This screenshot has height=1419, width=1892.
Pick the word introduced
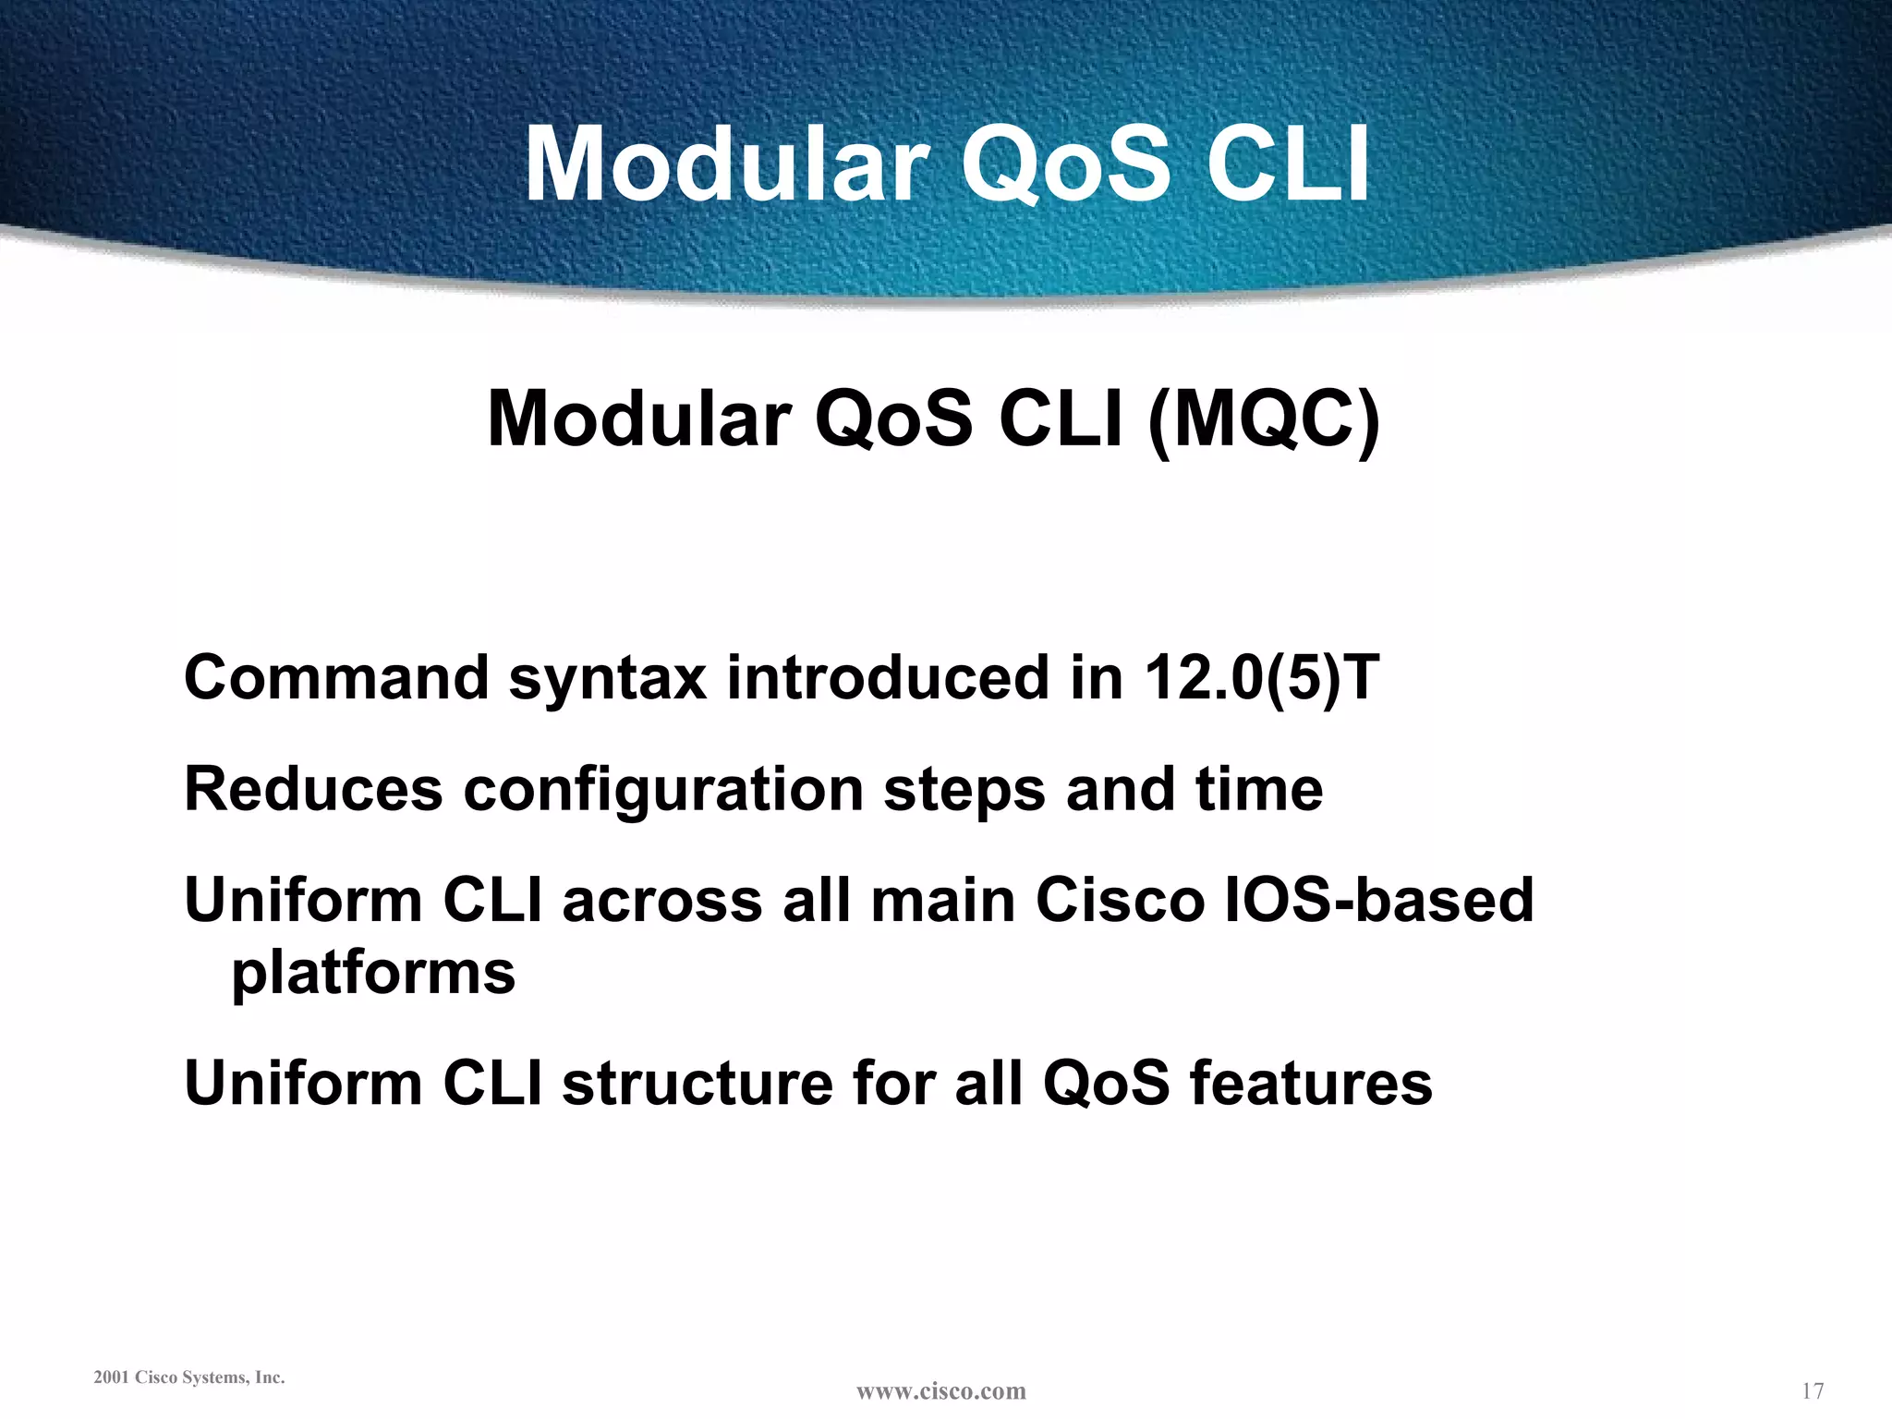click(886, 677)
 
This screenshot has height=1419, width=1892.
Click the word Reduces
click(313, 790)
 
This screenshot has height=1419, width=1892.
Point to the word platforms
click(373, 975)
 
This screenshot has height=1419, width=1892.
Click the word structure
click(697, 1083)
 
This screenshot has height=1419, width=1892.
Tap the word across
click(662, 902)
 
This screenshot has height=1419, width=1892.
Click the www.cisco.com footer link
click(940, 1391)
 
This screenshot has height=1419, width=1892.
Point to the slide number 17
click(1813, 1390)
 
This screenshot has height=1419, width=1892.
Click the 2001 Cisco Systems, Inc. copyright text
click(189, 1377)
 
